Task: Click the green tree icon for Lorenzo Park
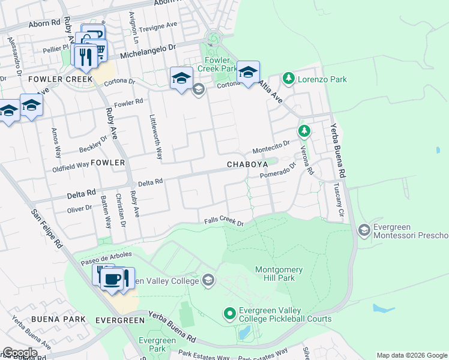click(x=289, y=78)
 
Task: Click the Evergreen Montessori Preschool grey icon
click(x=363, y=230)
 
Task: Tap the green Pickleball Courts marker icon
click(x=229, y=313)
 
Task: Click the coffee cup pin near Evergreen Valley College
click(x=112, y=279)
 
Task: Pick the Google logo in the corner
click(x=19, y=353)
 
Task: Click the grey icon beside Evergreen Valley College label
click(x=208, y=280)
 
